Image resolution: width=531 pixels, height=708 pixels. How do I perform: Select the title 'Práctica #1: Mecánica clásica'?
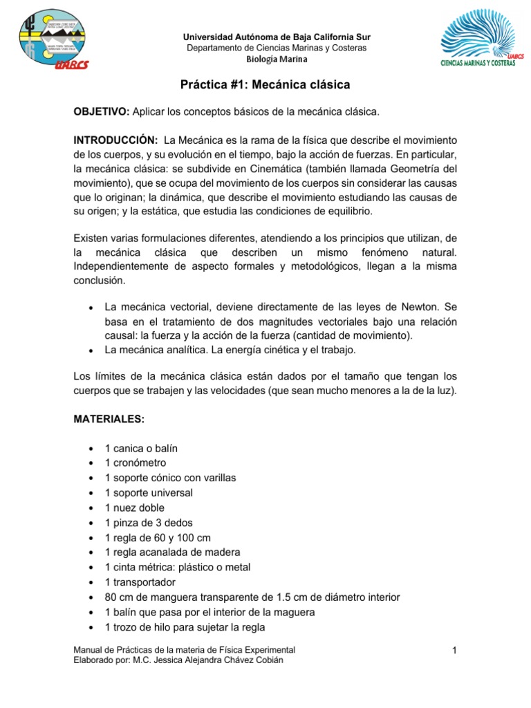(265, 85)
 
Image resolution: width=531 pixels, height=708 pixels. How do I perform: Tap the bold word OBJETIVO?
(102, 112)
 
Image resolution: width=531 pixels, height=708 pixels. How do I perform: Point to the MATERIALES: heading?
(109, 420)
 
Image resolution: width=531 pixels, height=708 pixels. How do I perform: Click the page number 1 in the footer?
(456, 651)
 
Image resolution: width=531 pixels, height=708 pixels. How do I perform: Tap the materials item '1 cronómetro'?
(136, 463)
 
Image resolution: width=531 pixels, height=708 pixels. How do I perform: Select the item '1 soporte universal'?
(149, 493)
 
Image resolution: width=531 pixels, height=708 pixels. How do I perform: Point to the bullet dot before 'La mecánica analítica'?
(91, 351)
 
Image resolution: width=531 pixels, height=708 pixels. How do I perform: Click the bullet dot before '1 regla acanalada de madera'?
(91, 552)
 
